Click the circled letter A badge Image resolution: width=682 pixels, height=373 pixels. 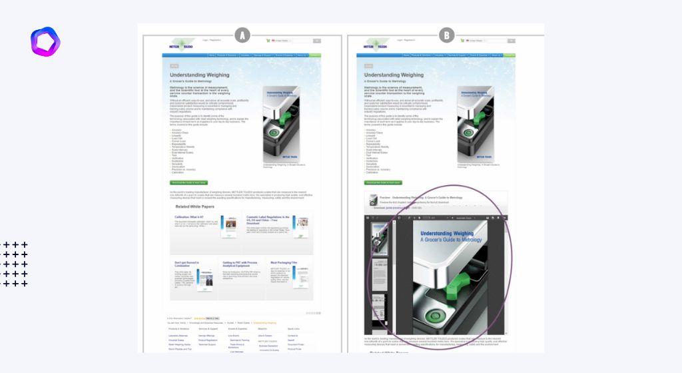point(242,35)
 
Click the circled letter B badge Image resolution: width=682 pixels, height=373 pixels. point(446,35)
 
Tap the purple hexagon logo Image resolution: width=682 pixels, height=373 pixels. point(45,41)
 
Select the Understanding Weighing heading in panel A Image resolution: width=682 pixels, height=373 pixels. point(200,75)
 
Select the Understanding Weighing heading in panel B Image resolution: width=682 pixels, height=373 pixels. point(394,75)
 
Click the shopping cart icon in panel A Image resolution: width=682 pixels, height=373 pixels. point(268,41)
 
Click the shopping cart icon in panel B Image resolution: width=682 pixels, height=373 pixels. point(462,41)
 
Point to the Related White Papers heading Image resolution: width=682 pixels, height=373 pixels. point(195,206)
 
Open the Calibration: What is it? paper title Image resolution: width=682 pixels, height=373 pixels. point(190,216)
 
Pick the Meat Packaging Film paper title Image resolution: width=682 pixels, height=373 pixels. point(284,262)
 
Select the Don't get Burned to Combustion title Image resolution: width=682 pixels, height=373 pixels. point(189,264)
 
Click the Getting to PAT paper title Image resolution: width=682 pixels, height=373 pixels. point(238,264)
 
